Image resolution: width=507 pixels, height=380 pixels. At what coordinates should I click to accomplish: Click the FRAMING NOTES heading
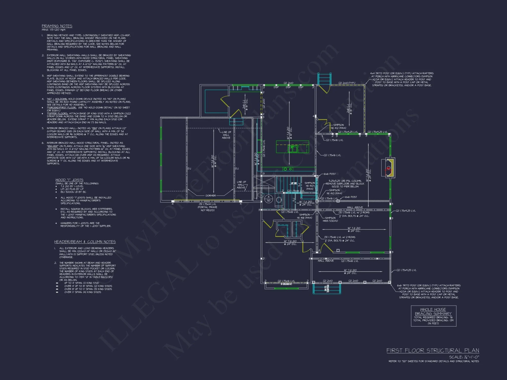pos(57,26)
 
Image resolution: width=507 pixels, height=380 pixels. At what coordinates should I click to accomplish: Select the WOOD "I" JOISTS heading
pos(69,180)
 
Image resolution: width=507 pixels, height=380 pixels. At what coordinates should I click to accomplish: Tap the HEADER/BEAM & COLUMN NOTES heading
pos(85,242)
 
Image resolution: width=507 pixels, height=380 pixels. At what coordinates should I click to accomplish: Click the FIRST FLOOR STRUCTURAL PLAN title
pos(432,350)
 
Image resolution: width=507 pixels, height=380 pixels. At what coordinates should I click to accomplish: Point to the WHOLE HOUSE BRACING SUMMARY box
pos(433,316)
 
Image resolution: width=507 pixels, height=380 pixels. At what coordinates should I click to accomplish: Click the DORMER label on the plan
pos(210,196)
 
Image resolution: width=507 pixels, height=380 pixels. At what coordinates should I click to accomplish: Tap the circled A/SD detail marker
pos(268,199)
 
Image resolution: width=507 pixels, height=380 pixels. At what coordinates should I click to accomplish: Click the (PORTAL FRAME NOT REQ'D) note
pos(207,208)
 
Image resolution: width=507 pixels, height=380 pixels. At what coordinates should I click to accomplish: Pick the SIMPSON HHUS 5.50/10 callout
pos(330,219)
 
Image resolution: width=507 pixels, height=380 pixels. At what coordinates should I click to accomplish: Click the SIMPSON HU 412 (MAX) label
pos(338,126)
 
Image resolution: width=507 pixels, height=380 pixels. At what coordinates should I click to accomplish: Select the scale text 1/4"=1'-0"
pos(464,357)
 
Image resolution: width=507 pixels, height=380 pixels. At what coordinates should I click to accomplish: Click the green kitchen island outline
pos(292,147)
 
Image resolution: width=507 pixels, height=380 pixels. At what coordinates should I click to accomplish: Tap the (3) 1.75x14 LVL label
pos(207,204)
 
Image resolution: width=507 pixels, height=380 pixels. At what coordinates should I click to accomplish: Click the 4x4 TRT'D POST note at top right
pos(402,79)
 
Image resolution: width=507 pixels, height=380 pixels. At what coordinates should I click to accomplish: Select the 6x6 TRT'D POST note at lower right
pos(429,291)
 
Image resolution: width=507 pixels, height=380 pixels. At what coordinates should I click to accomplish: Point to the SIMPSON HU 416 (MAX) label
pos(304,216)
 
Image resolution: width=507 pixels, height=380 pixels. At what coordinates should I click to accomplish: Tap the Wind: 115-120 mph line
pos(53,30)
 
